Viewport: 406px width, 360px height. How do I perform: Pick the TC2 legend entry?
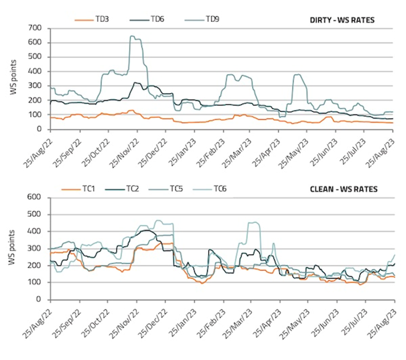pyautogui.click(x=131, y=189)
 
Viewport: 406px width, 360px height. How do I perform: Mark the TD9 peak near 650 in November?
pyautogui.click(x=133, y=36)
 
